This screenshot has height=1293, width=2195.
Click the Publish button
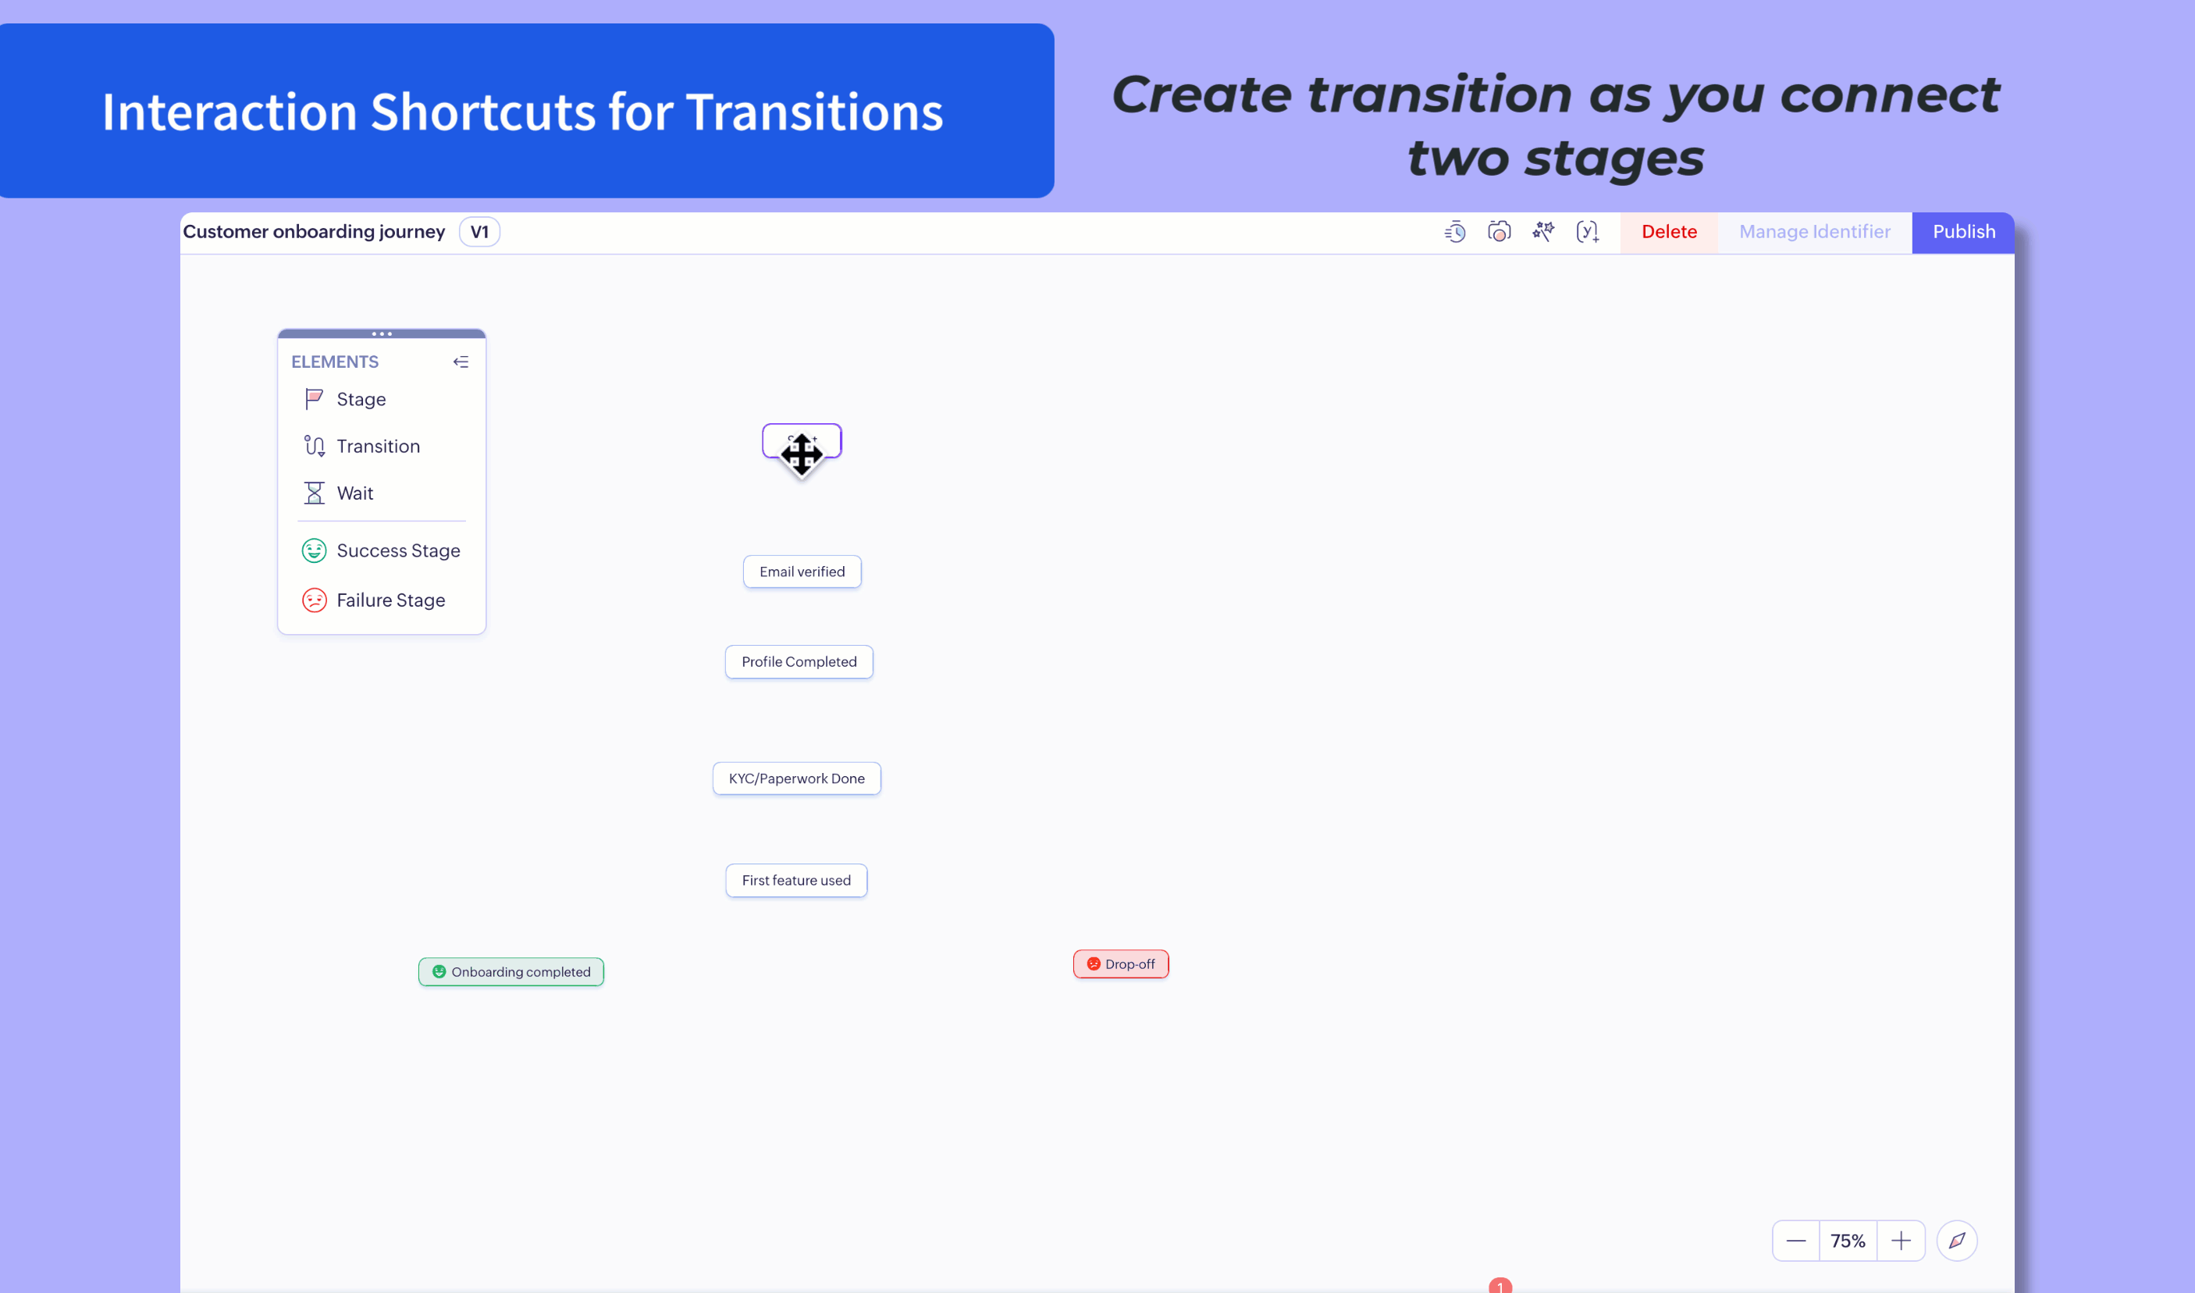[1962, 232]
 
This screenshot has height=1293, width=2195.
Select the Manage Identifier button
[1814, 232]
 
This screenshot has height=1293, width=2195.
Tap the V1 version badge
[479, 232]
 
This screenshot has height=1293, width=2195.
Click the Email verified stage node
[802, 572]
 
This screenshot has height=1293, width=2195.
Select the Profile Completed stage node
[799, 662]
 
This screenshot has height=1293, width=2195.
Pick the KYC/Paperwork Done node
[796, 778]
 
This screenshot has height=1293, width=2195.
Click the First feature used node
[796, 880]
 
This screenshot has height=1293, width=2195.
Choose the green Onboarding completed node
[511, 971]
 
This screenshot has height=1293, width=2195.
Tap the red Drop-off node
[1121, 964]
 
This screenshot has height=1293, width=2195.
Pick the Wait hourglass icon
[314, 493]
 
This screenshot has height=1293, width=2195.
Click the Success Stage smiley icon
[314, 550]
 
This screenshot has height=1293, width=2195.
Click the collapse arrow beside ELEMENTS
[461, 362]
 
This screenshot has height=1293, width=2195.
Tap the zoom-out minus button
[1795, 1241]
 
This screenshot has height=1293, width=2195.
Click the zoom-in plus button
[1901, 1241]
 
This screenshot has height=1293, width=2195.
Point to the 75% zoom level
[1848, 1241]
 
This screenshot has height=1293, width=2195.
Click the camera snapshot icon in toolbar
[1499, 232]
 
